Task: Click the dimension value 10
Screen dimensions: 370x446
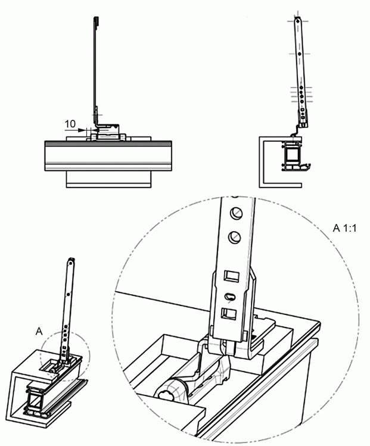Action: pyautogui.click(x=70, y=124)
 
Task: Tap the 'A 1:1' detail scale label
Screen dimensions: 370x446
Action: pyautogui.click(x=344, y=228)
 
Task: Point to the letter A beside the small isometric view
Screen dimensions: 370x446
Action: pyautogui.click(x=39, y=331)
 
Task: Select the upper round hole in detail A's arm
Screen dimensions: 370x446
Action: pyautogui.click(x=236, y=213)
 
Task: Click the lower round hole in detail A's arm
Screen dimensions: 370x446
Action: pyautogui.click(x=235, y=237)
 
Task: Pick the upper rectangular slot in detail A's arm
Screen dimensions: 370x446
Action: pyautogui.click(x=231, y=276)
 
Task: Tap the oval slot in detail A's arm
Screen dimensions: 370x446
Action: pyautogui.click(x=230, y=297)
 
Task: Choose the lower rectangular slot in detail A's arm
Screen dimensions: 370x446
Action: pyautogui.click(x=229, y=314)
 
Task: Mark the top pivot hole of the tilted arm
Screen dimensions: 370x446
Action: pyautogui.click(x=297, y=21)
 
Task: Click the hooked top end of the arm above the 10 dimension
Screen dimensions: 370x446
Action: pyautogui.click(x=96, y=20)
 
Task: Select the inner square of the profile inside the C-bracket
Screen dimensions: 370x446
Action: pyautogui.click(x=292, y=154)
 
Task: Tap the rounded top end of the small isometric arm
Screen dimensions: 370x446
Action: pyautogui.click(x=71, y=261)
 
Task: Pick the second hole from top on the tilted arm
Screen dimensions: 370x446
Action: pyautogui.click(x=299, y=54)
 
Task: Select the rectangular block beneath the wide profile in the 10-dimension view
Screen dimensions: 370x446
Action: pyautogui.click(x=108, y=179)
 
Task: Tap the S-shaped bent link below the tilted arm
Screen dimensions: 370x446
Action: pyautogui.click(x=295, y=132)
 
